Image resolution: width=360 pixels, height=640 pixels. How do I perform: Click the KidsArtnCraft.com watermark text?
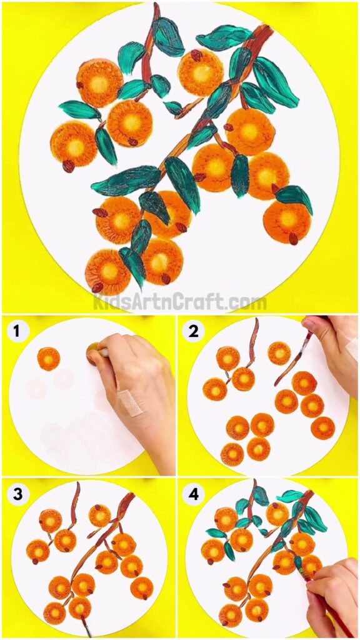click(x=180, y=302)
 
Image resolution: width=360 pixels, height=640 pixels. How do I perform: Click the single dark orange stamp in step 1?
click(x=48, y=359)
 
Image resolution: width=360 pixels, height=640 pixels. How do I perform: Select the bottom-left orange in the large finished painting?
click(x=107, y=271)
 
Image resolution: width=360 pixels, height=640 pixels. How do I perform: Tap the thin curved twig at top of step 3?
click(x=75, y=500)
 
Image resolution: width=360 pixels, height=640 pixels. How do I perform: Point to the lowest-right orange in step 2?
click(x=323, y=428)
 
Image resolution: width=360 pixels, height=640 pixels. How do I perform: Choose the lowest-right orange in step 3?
click(x=142, y=587)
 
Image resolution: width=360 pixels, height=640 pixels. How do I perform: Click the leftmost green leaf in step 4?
click(x=216, y=533)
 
